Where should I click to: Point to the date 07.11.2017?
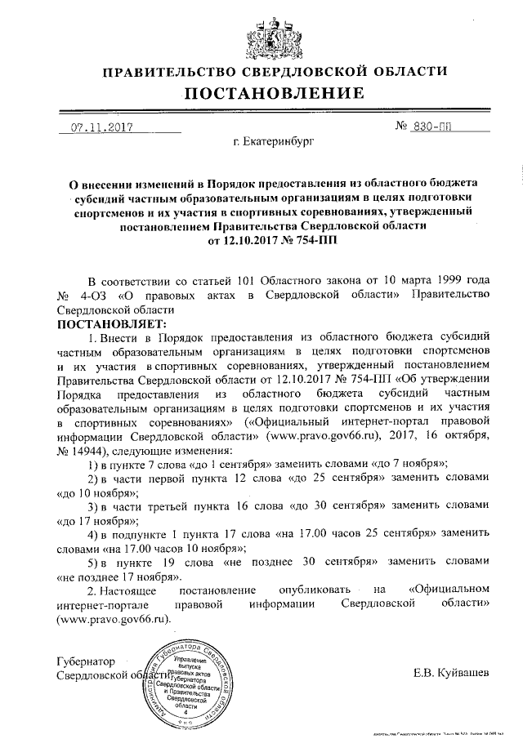coord(101,127)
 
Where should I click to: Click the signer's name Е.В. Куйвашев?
coord(451,674)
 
